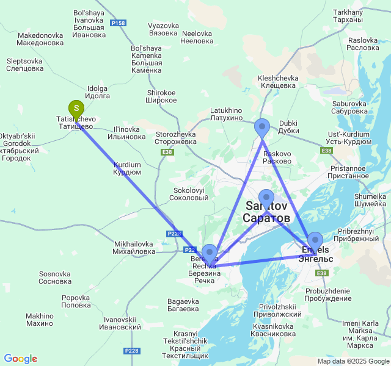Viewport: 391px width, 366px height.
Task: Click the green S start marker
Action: tap(76, 110)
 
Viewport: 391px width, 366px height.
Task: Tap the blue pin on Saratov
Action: tap(266, 198)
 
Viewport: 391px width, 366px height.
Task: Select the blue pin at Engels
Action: tap(315, 240)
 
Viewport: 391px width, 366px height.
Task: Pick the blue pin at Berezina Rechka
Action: tap(210, 253)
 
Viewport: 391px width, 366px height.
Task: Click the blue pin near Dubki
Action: tap(262, 127)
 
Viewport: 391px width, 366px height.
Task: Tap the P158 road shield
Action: tap(119, 23)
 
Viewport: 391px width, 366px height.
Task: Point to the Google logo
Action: tap(20, 359)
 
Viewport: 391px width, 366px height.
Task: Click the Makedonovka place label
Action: tap(40, 39)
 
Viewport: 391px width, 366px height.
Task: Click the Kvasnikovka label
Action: tap(273, 330)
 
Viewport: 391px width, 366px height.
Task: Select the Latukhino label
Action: tap(226, 114)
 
